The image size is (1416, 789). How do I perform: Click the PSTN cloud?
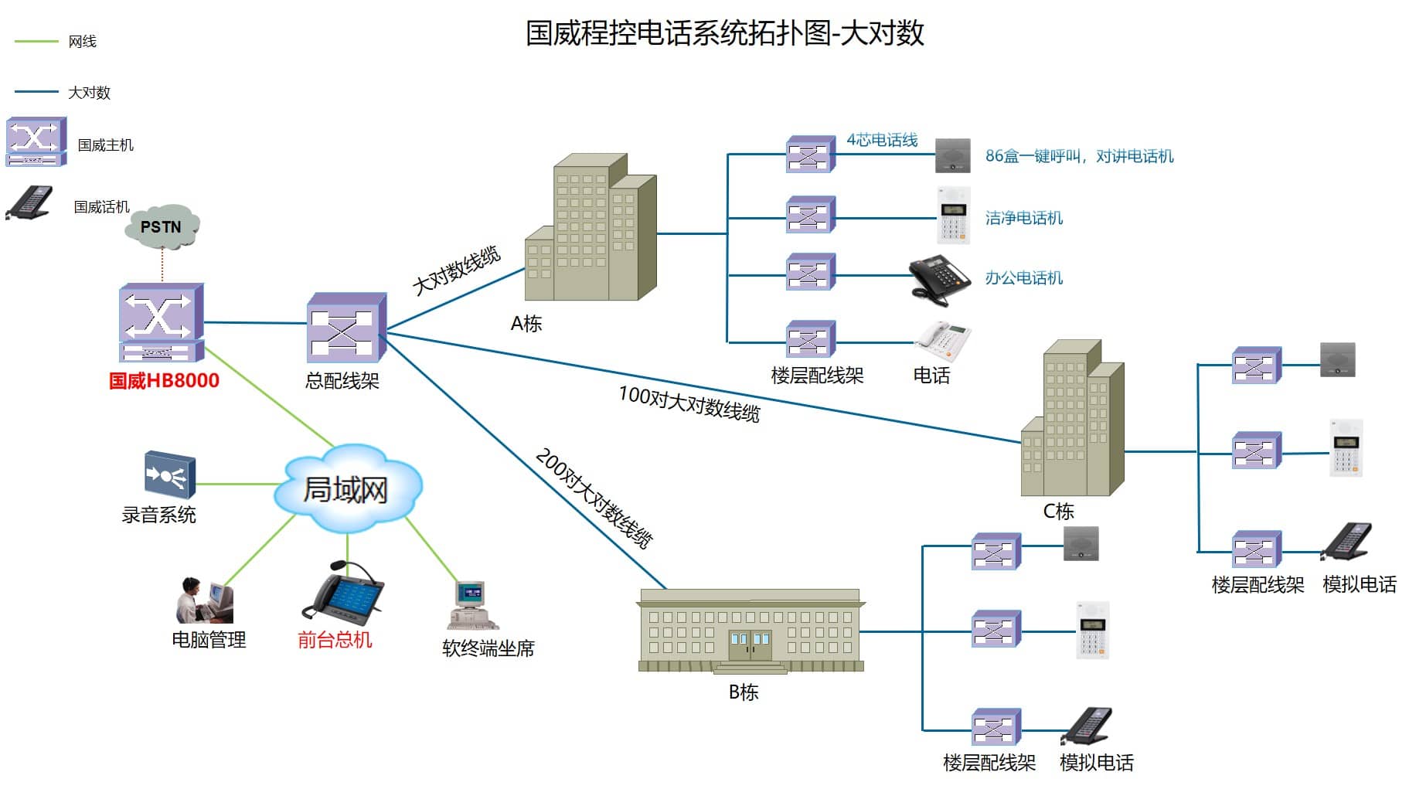(162, 226)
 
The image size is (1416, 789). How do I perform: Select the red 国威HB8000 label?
(164, 381)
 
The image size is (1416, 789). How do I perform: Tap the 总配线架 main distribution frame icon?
(345, 328)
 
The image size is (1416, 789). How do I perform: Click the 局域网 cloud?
(346, 488)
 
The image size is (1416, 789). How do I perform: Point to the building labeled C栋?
(1072, 421)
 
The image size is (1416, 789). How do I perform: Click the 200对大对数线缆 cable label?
(594, 498)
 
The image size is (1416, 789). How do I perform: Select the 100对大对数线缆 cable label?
(689, 403)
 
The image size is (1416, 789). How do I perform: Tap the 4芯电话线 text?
(882, 140)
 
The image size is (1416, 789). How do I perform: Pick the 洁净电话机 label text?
(1023, 218)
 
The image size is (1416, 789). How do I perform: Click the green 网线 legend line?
(36, 41)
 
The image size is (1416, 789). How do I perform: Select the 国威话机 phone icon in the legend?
(30, 203)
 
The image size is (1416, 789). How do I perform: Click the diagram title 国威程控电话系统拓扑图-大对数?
(724, 33)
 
